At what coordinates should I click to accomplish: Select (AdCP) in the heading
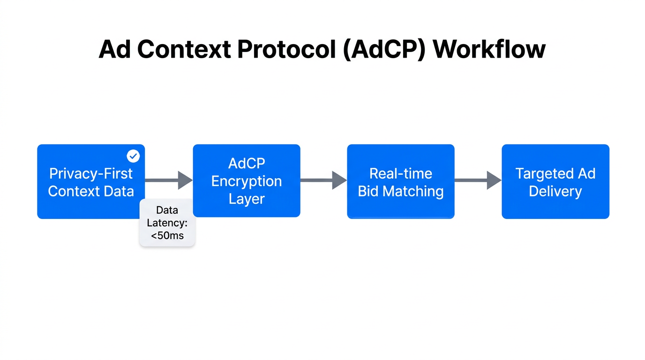tap(384, 49)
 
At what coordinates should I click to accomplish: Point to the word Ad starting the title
tap(114, 49)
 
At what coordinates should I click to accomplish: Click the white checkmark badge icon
tap(134, 156)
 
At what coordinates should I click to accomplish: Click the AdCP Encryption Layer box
tap(247, 181)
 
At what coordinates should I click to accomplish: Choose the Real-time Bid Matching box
tap(401, 182)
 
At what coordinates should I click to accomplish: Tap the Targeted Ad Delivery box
tap(555, 182)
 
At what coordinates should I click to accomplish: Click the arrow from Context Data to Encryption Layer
tap(169, 180)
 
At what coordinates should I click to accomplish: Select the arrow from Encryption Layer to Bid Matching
tap(323, 180)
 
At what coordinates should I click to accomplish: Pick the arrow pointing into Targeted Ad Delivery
tap(478, 180)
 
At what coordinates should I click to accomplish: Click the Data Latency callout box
tap(167, 223)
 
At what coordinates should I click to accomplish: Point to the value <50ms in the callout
tap(167, 236)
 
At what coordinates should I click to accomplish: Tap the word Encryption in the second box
tap(247, 181)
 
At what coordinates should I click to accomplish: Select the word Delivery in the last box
tap(555, 191)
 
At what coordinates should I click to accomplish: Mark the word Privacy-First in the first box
tap(91, 173)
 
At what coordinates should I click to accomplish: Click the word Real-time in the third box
tap(401, 173)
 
